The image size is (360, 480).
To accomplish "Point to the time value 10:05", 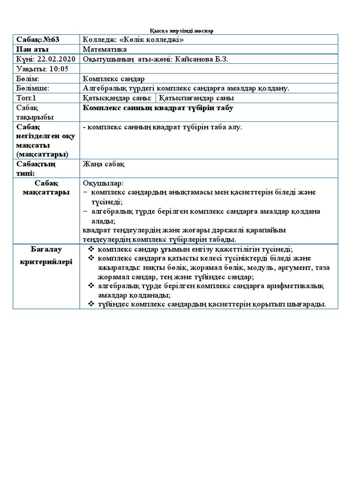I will point(58,69).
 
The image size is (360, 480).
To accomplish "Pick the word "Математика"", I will point(105,49).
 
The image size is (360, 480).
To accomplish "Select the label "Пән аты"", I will point(32,49).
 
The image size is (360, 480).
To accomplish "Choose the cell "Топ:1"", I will point(26,98).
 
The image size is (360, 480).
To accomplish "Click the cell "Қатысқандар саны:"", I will point(117,98).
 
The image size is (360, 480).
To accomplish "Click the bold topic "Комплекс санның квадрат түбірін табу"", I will point(157,108).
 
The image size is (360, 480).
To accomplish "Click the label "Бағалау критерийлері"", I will point(46,255).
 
